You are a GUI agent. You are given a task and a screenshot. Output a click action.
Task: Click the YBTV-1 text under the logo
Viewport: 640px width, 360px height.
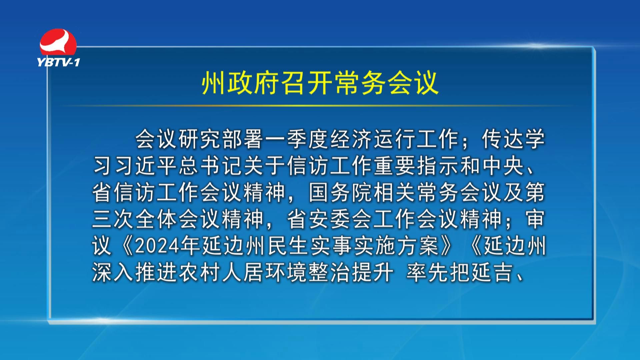(x=58, y=62)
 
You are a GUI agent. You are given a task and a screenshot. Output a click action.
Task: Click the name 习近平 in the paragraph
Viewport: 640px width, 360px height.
(x=146, y=166)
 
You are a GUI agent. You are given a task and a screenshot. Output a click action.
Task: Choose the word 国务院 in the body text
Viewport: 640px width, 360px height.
(x=341, y=193)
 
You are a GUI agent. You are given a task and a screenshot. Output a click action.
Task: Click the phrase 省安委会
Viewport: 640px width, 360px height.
(x=330, y=219)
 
